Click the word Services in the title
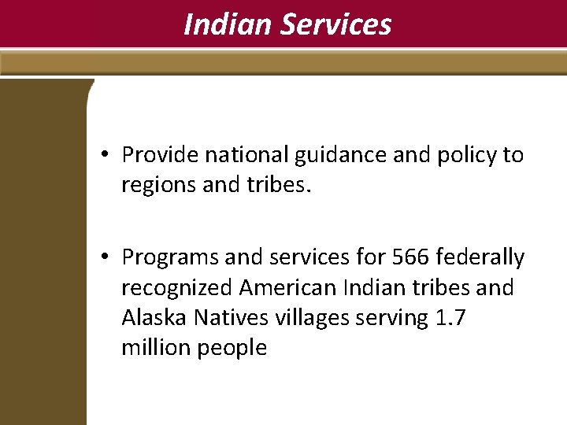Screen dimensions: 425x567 pos(336,24)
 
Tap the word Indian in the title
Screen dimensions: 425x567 pos(228,24)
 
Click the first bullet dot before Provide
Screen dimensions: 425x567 pos(105,155)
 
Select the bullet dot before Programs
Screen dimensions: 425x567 pos(105,257)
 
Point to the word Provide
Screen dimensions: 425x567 pos(160,155)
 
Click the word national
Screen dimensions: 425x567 pos(246,155)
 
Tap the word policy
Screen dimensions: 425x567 pos(461,156)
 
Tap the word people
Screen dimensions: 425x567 pos(233,348)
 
